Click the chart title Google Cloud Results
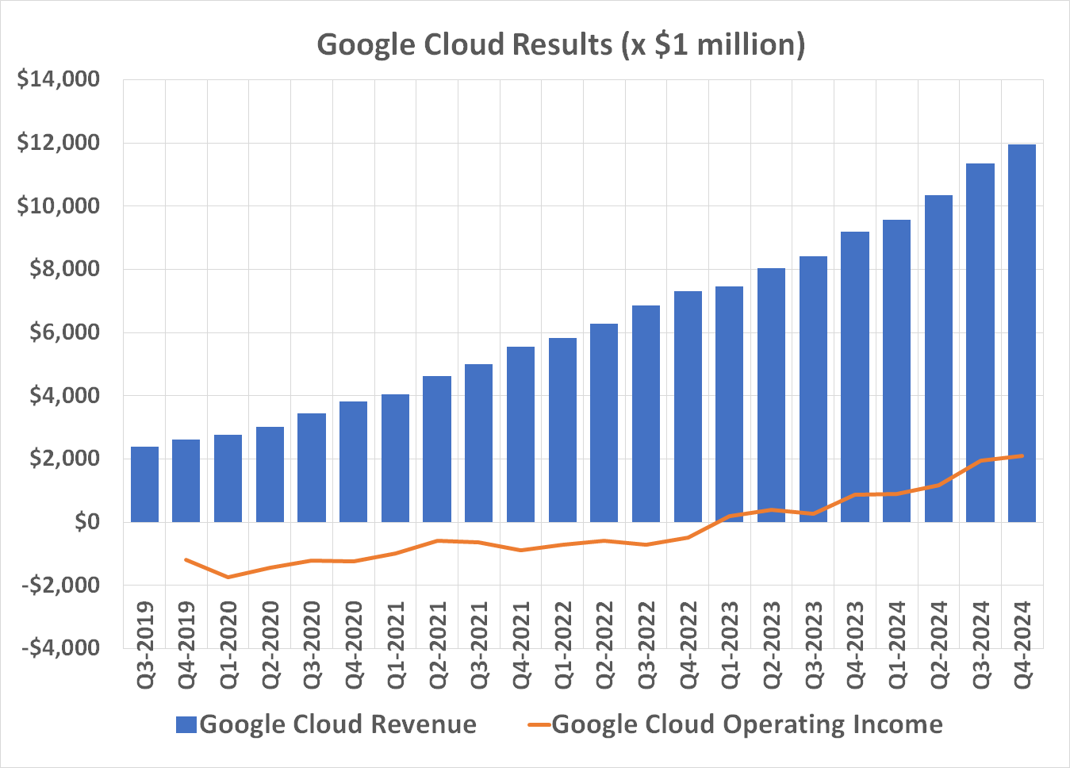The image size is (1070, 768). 561,44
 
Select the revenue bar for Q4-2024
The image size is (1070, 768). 1022,333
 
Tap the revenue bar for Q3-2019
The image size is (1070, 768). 144,484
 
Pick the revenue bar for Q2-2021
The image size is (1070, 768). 437,449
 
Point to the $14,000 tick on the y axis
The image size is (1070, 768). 59,79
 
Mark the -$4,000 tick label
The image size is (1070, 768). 61,647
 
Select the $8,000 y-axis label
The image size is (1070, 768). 64,269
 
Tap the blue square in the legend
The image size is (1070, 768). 186,724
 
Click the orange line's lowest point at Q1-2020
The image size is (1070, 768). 228,577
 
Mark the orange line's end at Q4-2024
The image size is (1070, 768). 1022,455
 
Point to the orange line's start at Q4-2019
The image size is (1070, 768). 186,559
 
